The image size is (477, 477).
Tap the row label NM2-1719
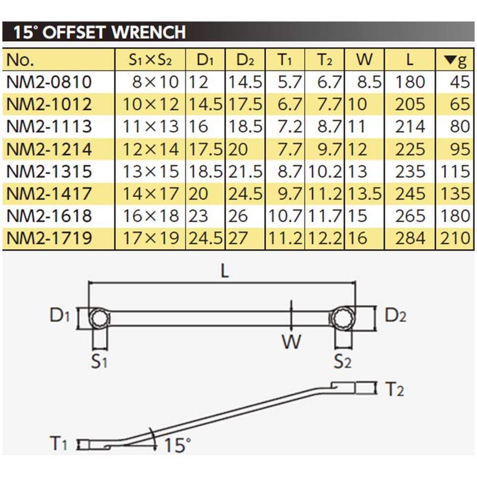(49, 239)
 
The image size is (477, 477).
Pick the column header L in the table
(409, 60)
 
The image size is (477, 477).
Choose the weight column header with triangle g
(456, 60)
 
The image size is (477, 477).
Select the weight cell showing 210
(456, 239)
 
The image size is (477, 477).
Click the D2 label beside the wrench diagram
(394, 315)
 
